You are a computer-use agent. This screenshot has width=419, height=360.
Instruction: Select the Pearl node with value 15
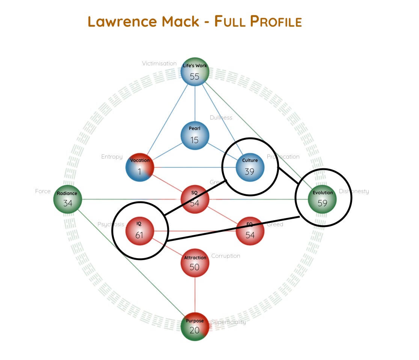(x=194, y=135)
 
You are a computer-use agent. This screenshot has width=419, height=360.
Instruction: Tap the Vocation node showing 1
(x=140, y=167)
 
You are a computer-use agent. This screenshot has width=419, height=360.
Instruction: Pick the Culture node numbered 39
(x=250, y=167)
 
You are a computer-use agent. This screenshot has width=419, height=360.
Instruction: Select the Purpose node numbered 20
(x=194, y=326)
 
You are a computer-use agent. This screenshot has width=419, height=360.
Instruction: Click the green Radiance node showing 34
(x=68, y=199)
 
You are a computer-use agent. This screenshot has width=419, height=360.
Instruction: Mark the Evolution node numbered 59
(x=322, y=199)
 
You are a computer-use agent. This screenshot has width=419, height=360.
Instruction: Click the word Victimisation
(x=159, y=64)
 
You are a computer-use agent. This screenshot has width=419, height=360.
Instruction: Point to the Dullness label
(x=221, y=118)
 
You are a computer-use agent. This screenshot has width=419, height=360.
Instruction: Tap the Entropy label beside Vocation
(x=112, y=157)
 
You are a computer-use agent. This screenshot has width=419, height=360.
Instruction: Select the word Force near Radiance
(x=43, y=191)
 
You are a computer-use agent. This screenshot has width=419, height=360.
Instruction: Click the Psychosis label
(x=110, y=224)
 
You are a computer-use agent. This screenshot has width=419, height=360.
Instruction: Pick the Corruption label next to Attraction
(x=226, y=256)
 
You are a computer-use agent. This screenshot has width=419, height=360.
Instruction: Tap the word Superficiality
(x=229, y=322)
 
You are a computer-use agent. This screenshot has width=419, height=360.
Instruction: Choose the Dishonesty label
(x=354, y=191)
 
